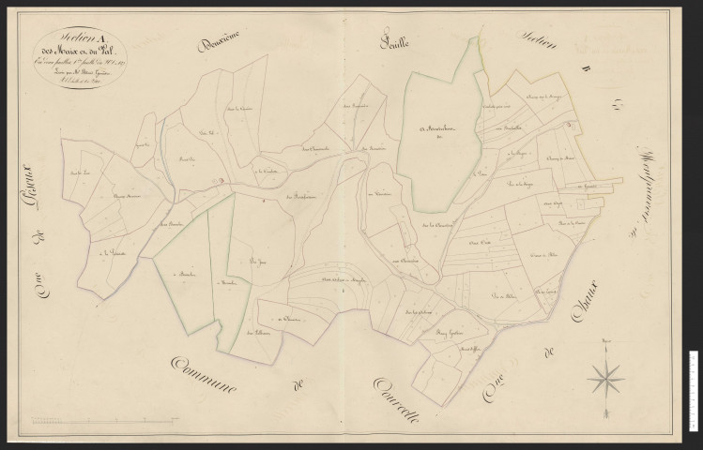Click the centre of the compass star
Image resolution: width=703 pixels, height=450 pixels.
606,378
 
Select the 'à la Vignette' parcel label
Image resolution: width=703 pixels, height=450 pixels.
113,251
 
